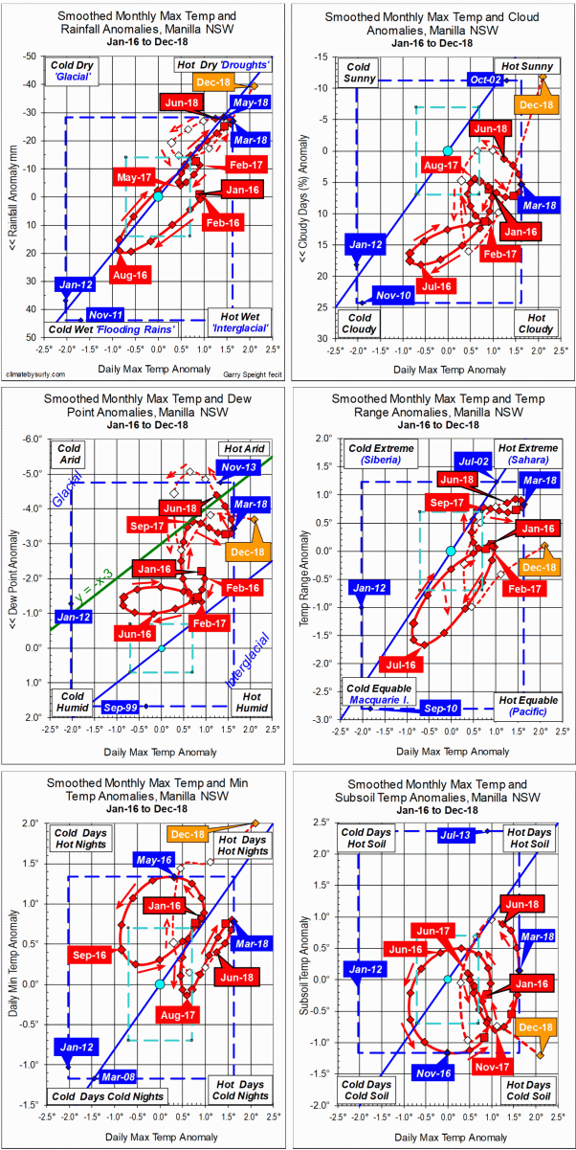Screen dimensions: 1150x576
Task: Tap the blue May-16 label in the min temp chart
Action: [154, 860]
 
